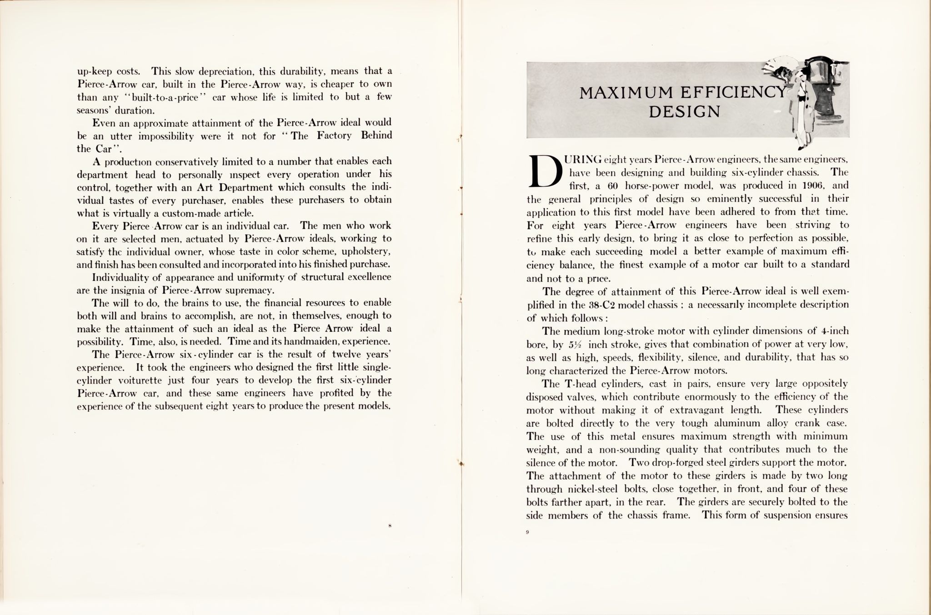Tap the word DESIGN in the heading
[684, 111]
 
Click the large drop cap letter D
[543, 172]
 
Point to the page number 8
[390, 526]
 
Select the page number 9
[528, 532]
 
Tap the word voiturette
[140, 380]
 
